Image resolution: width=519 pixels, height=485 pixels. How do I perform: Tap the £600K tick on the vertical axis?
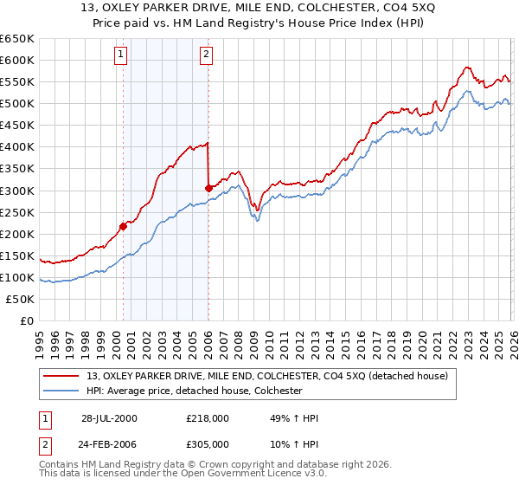click(16, 60)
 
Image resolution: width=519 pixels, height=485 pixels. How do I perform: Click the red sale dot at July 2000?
click(124, 226)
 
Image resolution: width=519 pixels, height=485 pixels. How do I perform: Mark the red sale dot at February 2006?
click(208, 188)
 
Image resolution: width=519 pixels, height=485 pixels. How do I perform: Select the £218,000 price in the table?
click(208, 418)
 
